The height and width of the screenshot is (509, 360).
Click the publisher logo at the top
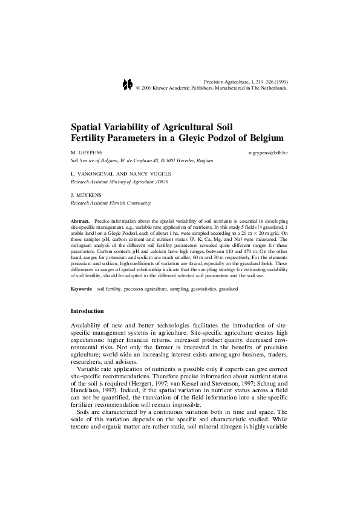[127, 84]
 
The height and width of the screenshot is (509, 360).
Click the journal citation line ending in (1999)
[246, 80]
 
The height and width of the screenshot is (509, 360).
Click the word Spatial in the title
[89, 128]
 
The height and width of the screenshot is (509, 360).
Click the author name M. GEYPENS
[84, 154]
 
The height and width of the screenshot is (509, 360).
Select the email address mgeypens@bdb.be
[268, 154]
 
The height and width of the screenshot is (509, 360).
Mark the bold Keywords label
[82, 289]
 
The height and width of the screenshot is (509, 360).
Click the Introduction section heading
[87, 311]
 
